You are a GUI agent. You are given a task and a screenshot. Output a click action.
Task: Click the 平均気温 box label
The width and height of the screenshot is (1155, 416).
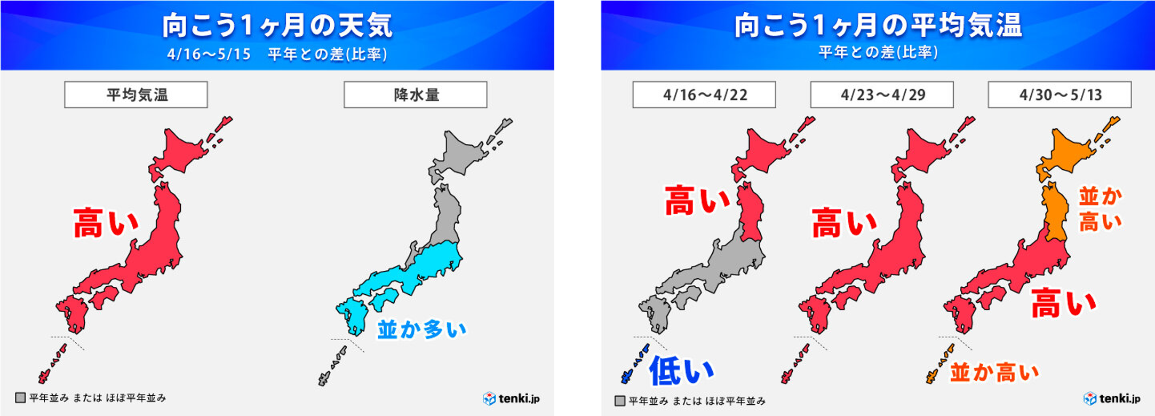coord(136,95)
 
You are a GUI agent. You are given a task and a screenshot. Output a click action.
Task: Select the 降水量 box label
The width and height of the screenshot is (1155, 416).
coord(416,95)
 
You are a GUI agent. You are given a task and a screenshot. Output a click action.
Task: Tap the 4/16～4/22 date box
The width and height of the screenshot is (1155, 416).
coord(704,95)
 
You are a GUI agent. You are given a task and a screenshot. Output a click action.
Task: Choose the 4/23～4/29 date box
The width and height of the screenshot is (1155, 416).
coord(882,95)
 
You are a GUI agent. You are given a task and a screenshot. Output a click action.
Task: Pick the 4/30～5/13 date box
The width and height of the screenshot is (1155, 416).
coord(1060,95)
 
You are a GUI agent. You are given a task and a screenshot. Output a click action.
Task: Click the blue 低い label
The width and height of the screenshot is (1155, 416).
coord(681,371)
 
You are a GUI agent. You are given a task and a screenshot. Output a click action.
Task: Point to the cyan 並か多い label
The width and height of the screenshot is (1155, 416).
coord(421,329)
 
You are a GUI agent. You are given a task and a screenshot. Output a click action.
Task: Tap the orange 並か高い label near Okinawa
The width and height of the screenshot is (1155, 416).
coord(994,372)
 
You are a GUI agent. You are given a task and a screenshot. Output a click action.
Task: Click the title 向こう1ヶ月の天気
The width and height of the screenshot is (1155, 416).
coord(277,25)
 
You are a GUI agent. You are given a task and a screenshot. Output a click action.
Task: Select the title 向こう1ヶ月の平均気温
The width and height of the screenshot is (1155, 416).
coord(878,25)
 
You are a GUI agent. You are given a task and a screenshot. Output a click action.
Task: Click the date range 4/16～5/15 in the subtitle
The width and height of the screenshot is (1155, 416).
coord(209,54)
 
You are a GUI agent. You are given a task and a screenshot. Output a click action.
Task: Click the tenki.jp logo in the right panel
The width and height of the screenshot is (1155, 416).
coord(1112,398)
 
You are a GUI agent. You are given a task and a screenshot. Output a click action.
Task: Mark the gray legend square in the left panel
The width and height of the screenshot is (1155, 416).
coord(20,398)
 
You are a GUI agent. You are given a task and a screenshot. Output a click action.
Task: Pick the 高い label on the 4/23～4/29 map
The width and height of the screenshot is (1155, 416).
coord(844,223)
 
